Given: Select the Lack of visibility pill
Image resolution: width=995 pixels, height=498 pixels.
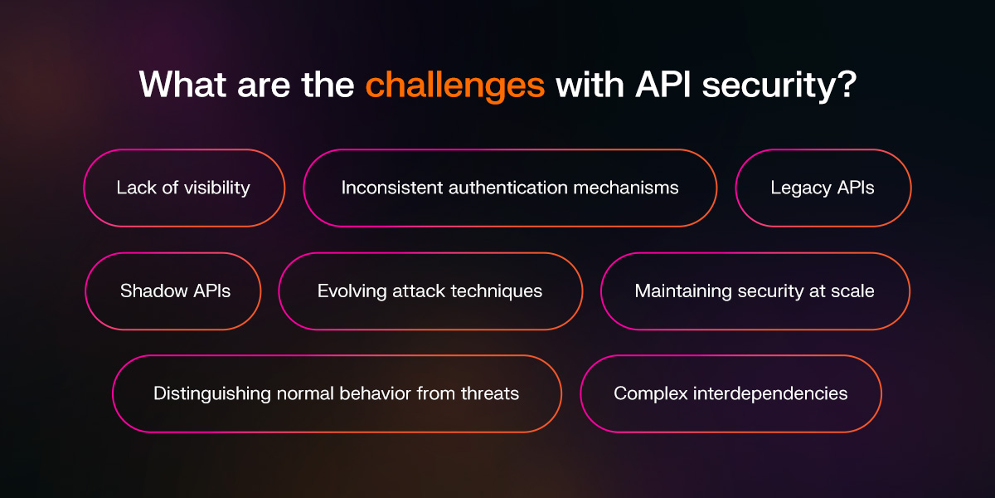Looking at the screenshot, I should tap(183, 188).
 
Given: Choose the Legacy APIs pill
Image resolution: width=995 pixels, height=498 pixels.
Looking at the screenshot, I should tap(823, 188).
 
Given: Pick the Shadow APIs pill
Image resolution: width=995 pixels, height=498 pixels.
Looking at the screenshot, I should tap(175, 291).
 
